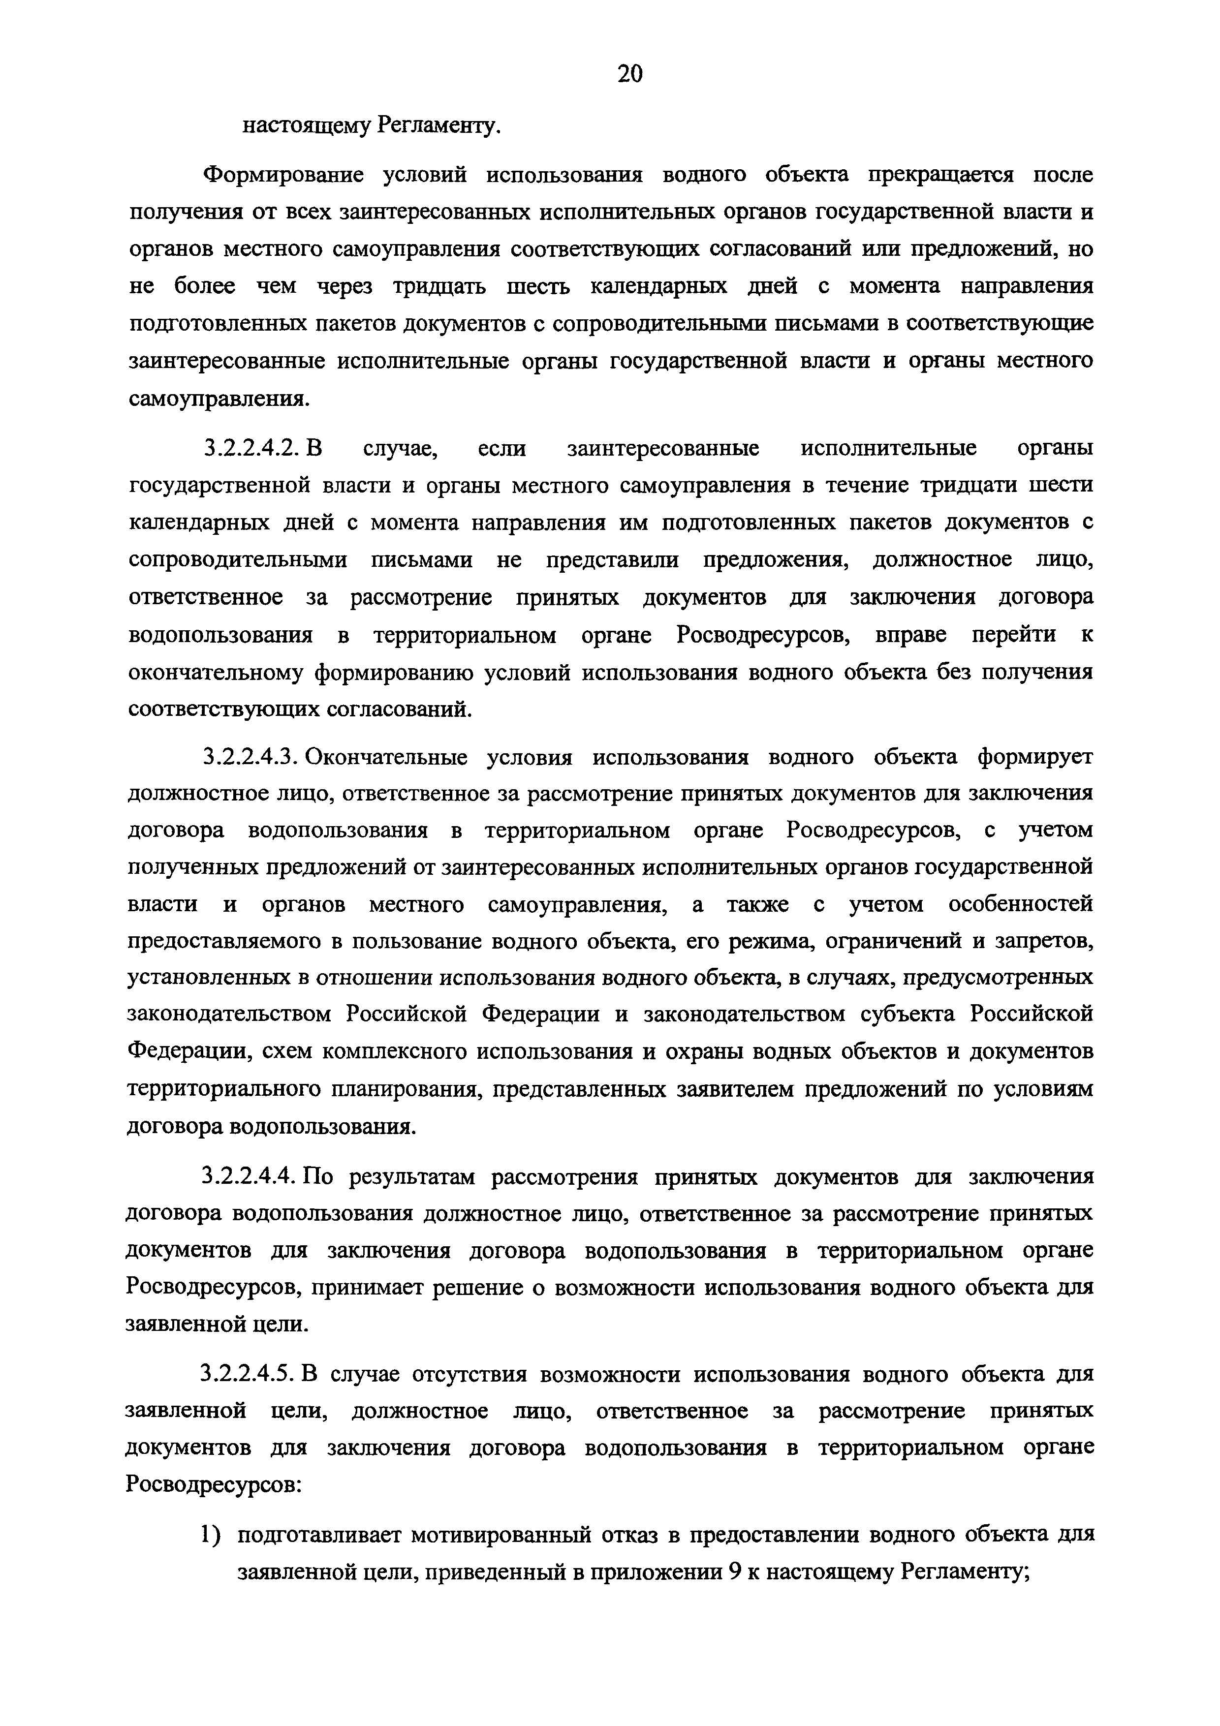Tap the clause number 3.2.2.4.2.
click(x=251, y=449)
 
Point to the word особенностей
click(x=1020, y=904)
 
